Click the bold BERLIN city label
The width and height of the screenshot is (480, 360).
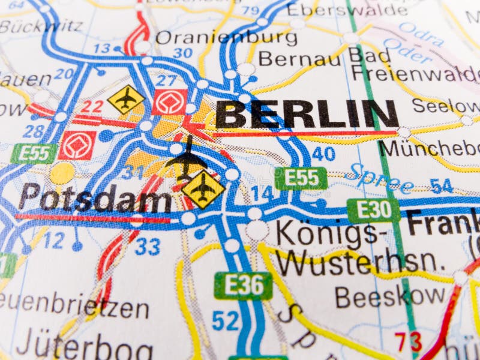307,114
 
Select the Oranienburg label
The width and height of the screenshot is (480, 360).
226,38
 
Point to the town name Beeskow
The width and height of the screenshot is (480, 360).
390,296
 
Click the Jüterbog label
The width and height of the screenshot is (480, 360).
84,347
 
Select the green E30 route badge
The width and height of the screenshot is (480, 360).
373,211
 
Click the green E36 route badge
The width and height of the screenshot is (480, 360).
243,285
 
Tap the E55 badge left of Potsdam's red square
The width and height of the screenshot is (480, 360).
34,154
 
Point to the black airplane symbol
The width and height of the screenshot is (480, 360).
187,159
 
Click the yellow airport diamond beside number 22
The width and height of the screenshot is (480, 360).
126,99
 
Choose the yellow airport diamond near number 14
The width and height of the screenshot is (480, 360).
203,188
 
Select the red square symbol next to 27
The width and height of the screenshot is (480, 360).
170,101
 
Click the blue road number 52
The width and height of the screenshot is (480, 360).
226,320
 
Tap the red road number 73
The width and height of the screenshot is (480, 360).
408,341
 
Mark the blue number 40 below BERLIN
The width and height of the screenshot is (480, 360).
323,154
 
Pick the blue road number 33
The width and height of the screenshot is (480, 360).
148,246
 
